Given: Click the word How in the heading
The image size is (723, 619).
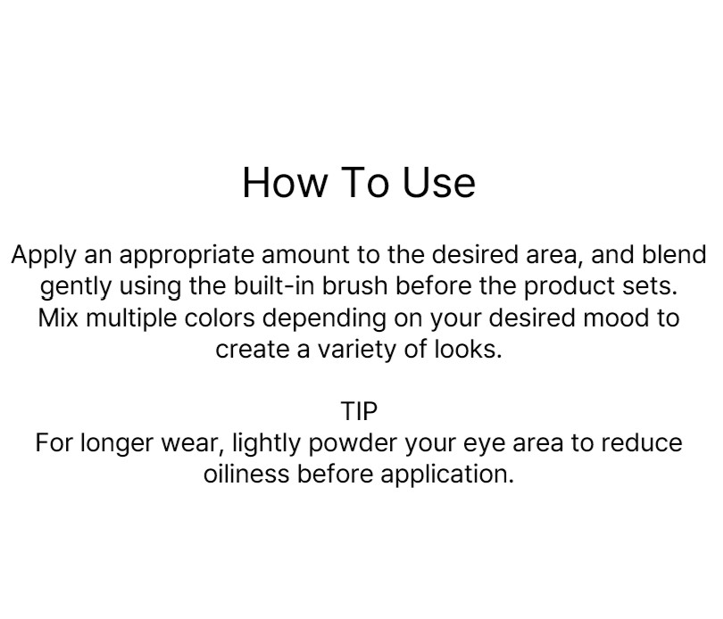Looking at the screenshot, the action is (x=285, y=183).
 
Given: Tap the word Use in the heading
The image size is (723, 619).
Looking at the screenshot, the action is (x=438, y=183).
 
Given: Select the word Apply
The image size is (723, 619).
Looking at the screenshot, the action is (x=44, y=256).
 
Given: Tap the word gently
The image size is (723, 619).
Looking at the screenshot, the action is (x=76, y=287).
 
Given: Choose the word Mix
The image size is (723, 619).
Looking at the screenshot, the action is (x=58, y=318).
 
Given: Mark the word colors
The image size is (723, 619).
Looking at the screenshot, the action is (x=220, y=318).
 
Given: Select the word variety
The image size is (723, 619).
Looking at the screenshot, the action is (x=357, y=351).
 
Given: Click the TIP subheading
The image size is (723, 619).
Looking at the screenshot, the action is (x=359, y=411).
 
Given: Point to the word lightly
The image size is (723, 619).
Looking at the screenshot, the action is (x=266, y=444).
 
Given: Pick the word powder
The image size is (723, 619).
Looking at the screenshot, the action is (x=353, y=444).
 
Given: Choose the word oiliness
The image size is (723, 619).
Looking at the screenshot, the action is (x=246, y=474).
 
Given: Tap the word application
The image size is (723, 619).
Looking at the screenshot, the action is (x=447, y=475).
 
